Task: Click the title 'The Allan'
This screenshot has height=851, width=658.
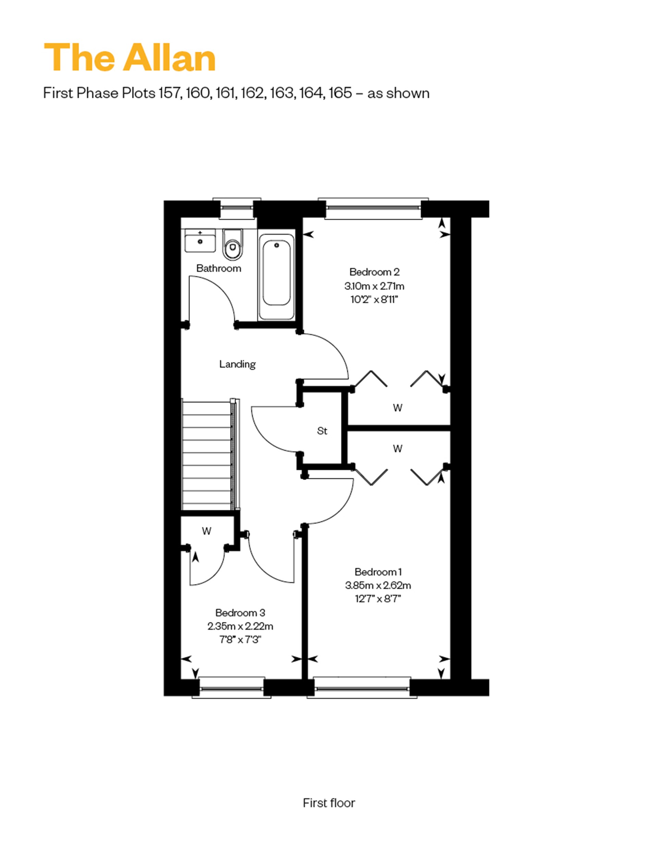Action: click(x=130, y=58)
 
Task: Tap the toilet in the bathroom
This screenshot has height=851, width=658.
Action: click(x=232, y=244)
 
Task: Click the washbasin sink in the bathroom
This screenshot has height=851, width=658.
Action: click(x=200, y=240)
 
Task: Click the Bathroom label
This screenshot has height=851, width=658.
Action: click(x=218, y=268)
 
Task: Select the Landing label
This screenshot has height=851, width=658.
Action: click(x=237, y=364)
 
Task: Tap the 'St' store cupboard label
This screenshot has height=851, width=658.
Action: click(x=322, y=431)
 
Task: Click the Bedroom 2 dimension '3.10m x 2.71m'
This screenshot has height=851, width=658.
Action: click(x=374, y=287)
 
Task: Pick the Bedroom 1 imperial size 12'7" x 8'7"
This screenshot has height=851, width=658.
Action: click(x=378, y=598)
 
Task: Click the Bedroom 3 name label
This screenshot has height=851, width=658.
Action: click(x=240, y=613)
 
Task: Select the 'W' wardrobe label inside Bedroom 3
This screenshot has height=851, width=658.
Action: click(x=206, y=531)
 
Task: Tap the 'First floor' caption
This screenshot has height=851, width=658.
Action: click(x=329, y=803)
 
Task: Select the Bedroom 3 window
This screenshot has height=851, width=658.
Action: click(x=232, y=688)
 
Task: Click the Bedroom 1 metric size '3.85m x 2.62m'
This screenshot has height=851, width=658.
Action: click(x=378, y=585)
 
